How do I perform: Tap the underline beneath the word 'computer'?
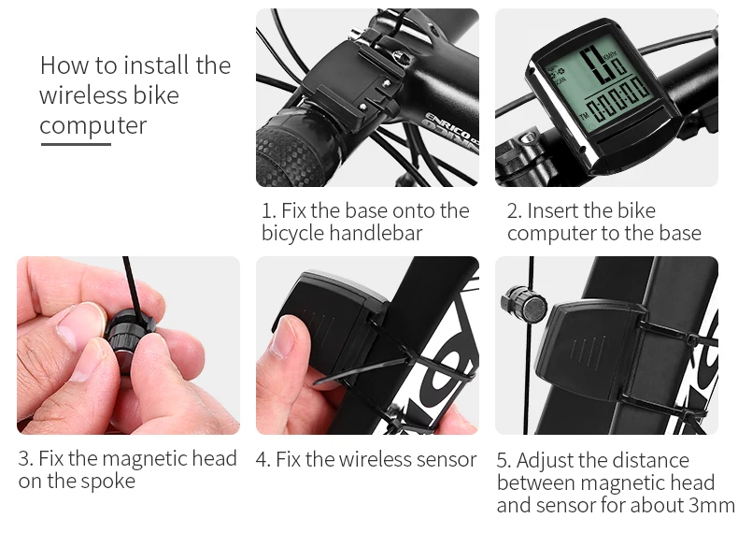76,144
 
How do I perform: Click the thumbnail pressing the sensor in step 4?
283,337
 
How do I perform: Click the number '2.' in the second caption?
515,211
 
